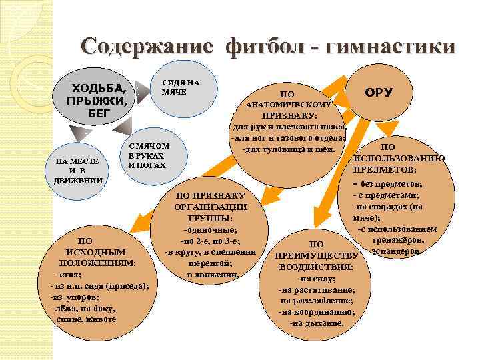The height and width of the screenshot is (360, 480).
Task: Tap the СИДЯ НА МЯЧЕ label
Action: click(x=179, y=87)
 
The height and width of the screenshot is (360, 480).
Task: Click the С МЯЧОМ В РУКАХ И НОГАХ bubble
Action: click(x=148, y=155)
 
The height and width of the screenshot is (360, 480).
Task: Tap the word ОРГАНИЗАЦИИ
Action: click(x=211, y=207)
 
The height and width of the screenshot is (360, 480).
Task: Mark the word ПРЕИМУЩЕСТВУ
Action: click(x=317, y=255)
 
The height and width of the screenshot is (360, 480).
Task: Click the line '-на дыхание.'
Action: click(x=317, y=323)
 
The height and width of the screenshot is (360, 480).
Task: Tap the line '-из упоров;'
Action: click(x=75, y=297)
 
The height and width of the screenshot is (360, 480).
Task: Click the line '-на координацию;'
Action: click(x=317, y=311)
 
